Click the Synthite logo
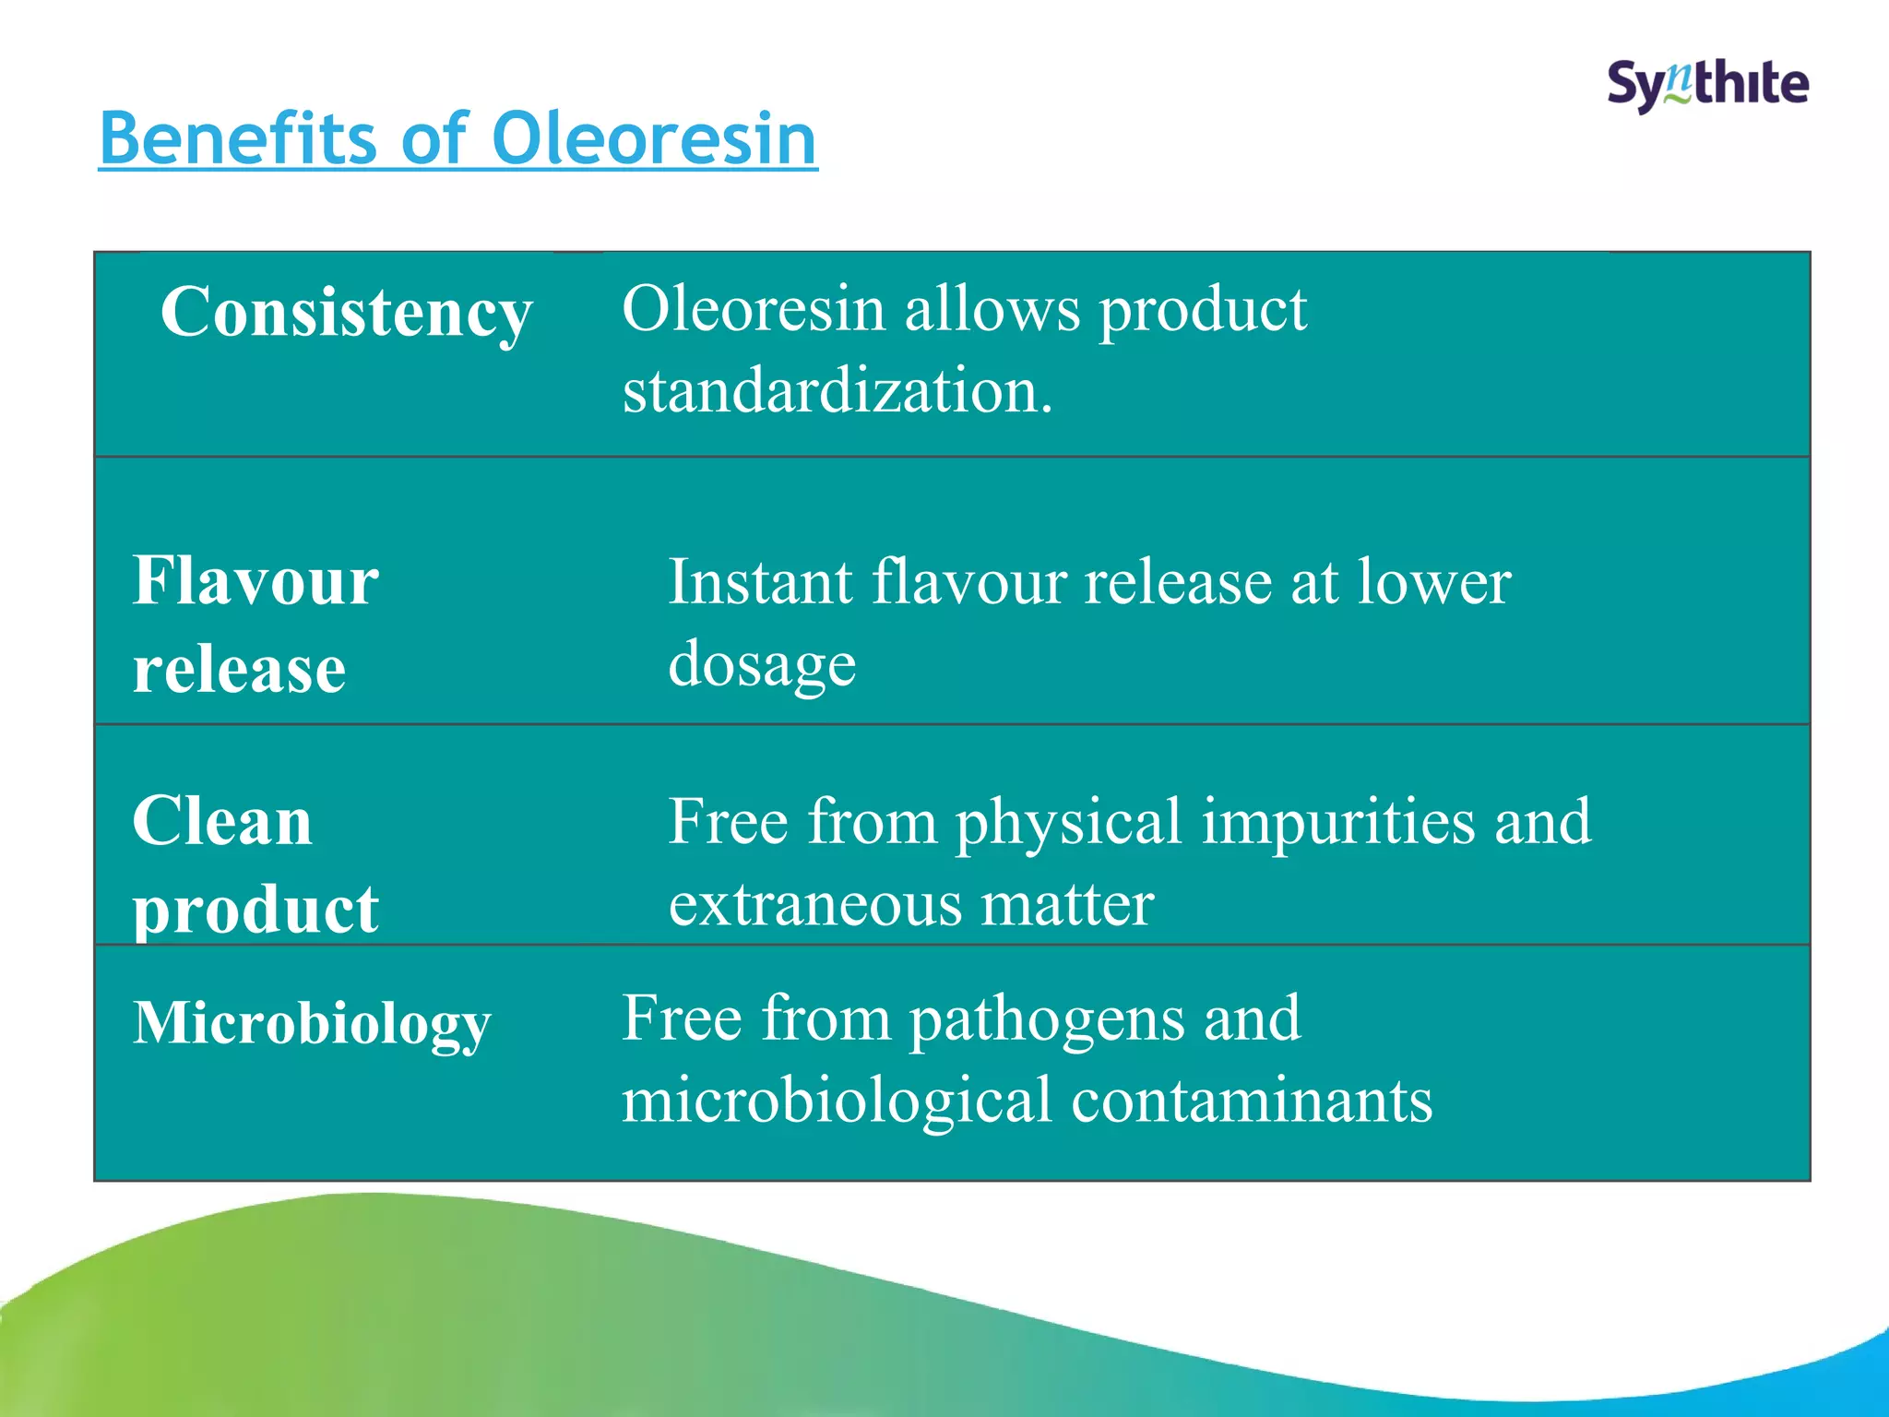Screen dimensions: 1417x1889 (x=1707, y=85)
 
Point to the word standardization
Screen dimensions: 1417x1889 (x=837, y=391)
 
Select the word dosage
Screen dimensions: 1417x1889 (x=762, y=665)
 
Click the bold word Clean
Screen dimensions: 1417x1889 (x=222, y=821)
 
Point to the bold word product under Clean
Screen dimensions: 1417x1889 (x=255, y=911)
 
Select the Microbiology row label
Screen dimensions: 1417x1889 (x=312, y=1024)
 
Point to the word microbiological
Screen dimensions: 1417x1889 (x=837, y=1101)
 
